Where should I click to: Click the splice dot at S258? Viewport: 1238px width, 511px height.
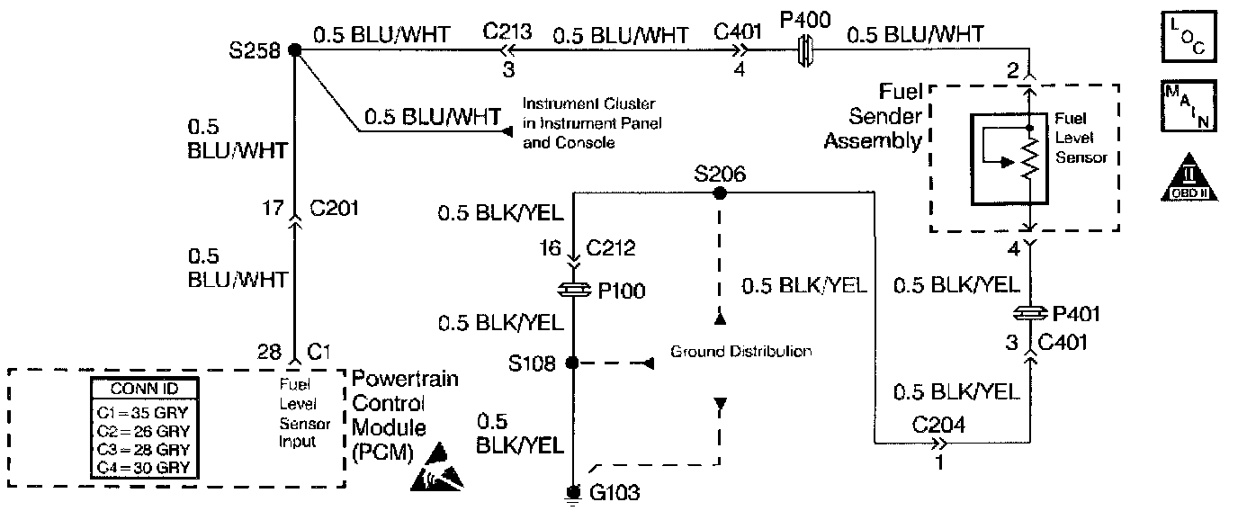tap(294, 50)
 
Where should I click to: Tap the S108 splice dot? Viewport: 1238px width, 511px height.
tap(571, 363)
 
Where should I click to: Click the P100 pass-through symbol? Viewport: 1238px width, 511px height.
tap(573, 290)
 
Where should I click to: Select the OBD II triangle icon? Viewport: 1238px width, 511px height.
tap(1188, 176)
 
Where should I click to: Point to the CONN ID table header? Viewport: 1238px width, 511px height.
tap(145, 390)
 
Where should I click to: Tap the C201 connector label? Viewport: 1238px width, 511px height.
tap(333, 211)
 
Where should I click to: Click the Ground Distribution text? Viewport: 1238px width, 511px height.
tap(741, 352)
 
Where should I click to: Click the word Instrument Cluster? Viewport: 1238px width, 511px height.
tap(590, 103)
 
